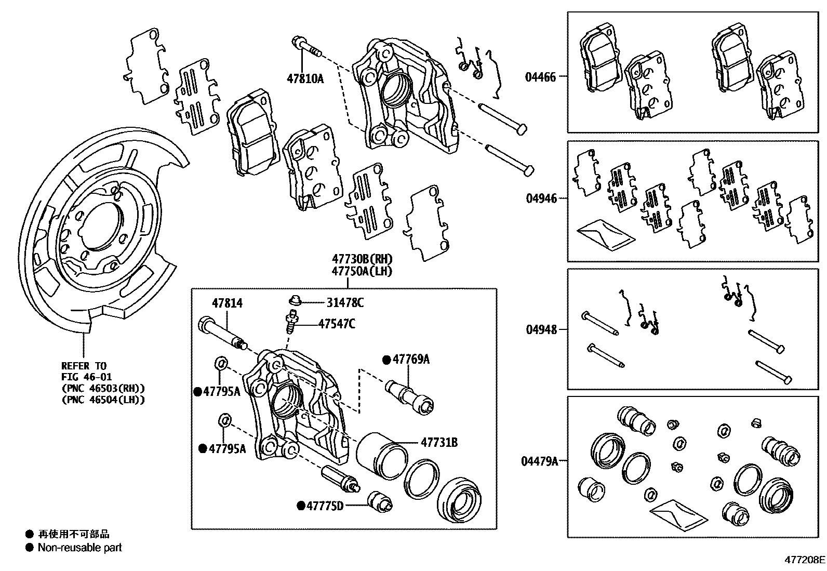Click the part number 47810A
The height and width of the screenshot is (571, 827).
click(x=305, y=78)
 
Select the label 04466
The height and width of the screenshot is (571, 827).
click(x=540, y=77)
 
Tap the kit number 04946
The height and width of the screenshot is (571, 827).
click(x=541, y=198)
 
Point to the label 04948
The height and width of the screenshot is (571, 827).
click(x=541, y=329)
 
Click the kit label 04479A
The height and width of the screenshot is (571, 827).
click(x=539, y=461)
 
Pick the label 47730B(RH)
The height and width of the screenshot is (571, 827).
click(x=362, y=259)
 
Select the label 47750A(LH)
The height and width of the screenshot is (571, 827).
click(x=362, y=271)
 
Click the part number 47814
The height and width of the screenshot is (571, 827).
click(x=227, y=303)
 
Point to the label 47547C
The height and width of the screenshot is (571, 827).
click(x=337, y=324)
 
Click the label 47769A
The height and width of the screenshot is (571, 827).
click(x=411, y=359)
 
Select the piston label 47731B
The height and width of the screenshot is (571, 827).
click(x=439, y=443)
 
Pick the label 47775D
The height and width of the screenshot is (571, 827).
click(x=325, y=505)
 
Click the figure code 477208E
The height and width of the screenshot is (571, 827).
click(x=804, y=560)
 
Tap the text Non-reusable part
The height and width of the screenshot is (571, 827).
click(x=79, y=547)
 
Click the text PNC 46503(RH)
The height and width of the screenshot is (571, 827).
click(x=103, y=388)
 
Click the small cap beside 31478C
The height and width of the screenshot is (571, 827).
click(x=295, y=300)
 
